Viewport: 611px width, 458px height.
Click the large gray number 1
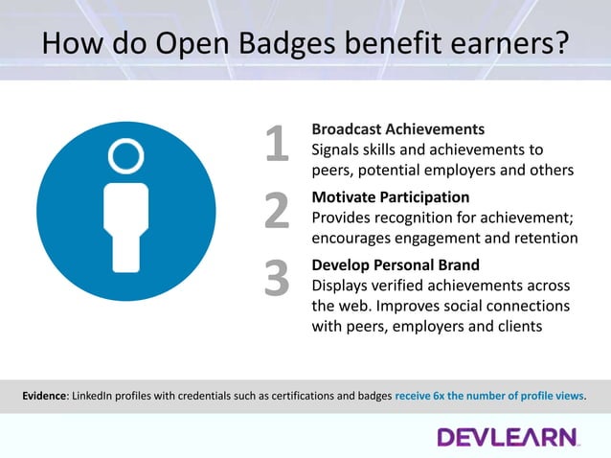click(x=277, y=146)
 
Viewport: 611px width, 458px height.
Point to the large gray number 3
click(x=277, y=279)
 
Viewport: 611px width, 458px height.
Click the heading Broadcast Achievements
click(x=398, y=128)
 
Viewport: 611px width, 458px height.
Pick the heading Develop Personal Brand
click(x=396, y=264)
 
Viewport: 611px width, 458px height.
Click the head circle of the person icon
click(x=126, y=154)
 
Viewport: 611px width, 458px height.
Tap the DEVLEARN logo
click(x=509, y=437)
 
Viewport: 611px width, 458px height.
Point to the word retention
click(x=544, y=238)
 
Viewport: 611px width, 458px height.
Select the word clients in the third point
click(x=517, y=326)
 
